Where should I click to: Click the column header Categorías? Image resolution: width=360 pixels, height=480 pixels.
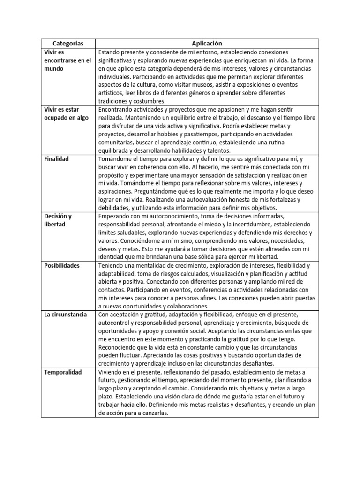pos(68,43)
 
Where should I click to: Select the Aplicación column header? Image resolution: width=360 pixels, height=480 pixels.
pos(207,43)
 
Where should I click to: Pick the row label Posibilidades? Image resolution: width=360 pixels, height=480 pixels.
pos(62,265)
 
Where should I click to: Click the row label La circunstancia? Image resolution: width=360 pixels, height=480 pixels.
pos(65,315)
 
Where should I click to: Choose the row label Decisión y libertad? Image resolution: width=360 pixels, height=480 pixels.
pos(58,220)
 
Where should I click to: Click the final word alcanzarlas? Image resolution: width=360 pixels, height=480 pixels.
pos(149,413)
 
